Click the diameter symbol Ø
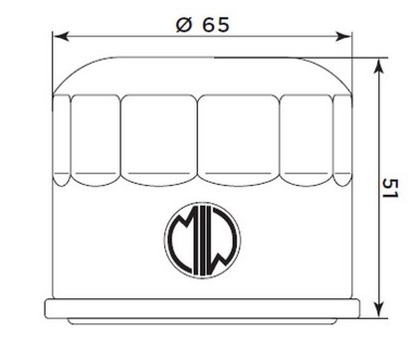[184, 25]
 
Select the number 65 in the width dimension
[216, 25]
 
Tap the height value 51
[390, 188]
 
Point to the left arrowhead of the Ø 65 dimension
[61, 37]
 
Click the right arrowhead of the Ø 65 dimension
[343, 37]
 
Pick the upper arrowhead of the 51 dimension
[378, 67]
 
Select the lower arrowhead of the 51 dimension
[378, 309]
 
